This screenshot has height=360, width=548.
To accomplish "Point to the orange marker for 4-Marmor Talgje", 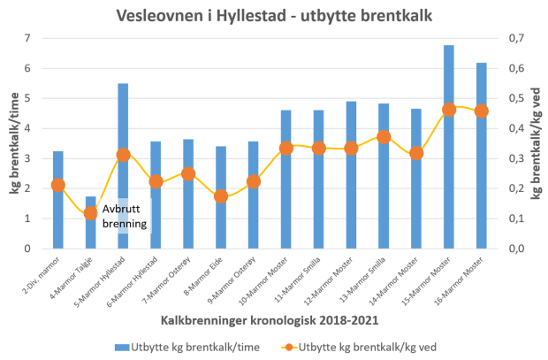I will (91, 213).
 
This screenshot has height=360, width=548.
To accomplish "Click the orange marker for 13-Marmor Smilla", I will (384, 137).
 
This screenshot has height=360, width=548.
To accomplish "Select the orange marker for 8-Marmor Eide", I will (221, 196).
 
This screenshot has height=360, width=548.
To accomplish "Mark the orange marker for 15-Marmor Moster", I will (449, 110).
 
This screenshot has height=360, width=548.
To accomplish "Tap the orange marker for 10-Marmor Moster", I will (286, 148).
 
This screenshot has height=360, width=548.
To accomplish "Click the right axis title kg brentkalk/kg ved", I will (537, 143).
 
